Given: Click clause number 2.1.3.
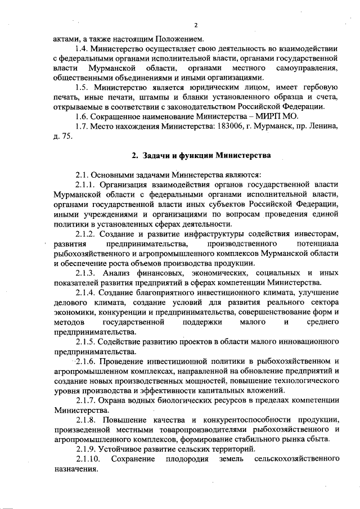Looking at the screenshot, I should (87, 273).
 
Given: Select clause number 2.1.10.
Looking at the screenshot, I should (89, 460).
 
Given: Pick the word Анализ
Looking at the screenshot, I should (128, 273).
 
